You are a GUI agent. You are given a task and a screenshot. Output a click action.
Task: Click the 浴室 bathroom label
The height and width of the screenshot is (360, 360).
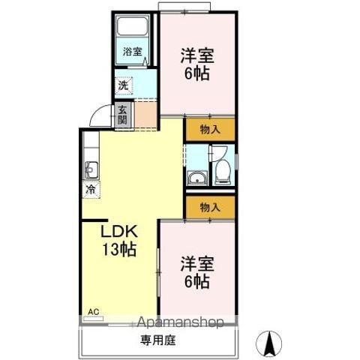133,52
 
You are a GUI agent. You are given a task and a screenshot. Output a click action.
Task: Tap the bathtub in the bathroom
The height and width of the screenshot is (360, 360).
133,26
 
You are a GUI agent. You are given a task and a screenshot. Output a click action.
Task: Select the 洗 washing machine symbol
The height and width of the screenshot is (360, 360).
124,85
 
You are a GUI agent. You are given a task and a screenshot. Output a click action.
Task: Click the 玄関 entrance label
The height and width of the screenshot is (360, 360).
122,115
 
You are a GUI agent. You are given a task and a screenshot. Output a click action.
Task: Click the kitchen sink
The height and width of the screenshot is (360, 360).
91,170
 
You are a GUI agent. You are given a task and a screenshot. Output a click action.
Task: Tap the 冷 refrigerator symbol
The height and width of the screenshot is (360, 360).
91,190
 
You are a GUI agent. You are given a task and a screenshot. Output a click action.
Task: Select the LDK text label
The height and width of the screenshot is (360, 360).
119,231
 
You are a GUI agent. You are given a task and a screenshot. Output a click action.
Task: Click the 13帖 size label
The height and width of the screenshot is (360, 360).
119,249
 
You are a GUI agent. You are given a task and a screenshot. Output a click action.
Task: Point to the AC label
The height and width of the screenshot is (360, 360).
94,312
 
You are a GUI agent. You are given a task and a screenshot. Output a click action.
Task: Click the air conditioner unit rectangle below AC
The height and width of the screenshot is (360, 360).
94,319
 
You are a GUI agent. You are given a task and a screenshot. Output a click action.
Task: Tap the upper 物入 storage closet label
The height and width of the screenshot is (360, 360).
210,130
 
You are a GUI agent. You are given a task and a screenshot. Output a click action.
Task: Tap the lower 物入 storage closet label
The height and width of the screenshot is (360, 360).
210,207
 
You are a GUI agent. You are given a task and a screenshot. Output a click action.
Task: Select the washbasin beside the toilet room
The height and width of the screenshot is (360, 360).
198,178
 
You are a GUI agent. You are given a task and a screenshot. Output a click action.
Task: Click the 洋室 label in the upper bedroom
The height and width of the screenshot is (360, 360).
197,55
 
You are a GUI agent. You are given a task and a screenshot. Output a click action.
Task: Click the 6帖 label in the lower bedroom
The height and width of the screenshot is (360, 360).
197,281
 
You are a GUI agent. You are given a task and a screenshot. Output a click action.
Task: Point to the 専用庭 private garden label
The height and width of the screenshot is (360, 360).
157,340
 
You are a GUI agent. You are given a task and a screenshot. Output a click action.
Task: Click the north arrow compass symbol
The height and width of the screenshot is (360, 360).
269,343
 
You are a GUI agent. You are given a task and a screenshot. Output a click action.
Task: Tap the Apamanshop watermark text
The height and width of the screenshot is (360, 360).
180,322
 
